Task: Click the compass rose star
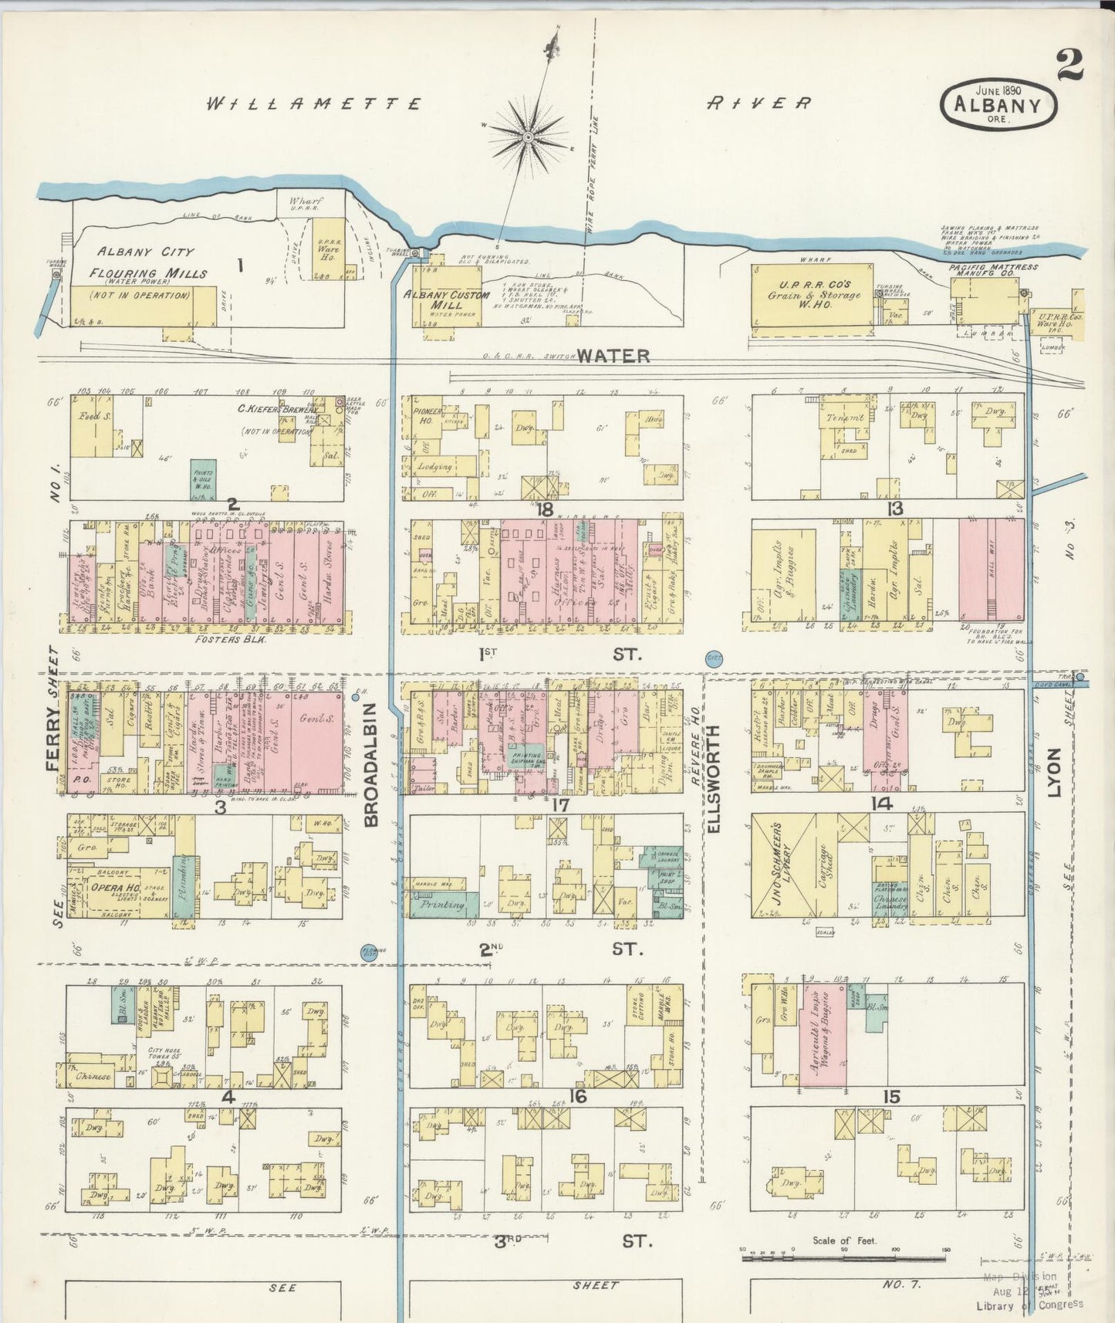[x=529, y=137]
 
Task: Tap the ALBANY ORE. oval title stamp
[x=998, y=103]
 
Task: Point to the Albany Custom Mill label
[x=447, y=299]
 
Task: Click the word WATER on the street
[x=613, y=356]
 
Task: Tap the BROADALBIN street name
[x=370, y=764]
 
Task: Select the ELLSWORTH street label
[x=712, y=778]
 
